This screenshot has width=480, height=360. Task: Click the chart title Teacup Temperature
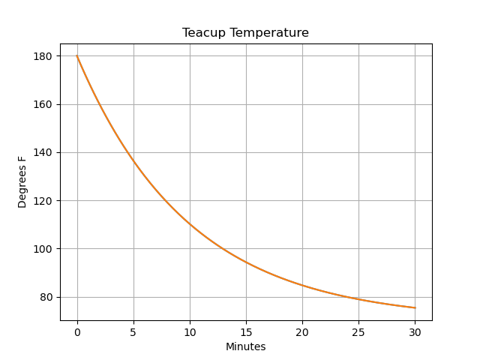tap(245, 33)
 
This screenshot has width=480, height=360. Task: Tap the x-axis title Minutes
tap(245, 346)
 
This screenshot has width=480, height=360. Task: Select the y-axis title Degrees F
tap(22, 181)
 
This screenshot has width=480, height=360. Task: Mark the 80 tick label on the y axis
tap(46, 297)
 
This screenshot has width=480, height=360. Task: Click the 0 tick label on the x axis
tap(77, 331)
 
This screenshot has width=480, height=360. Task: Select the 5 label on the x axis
tap(133, 331)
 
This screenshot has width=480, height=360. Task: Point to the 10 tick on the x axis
tap(190, 331)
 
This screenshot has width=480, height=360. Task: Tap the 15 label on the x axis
tap(246, 331)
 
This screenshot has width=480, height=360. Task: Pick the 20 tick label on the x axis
tap(302, 331)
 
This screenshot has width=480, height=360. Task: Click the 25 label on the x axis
tap(358, 331)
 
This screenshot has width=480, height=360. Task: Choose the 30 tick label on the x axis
tap(415, 331)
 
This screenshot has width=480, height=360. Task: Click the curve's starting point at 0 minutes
tap(77, 56)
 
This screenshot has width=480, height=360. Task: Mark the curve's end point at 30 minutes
tap(415, 307)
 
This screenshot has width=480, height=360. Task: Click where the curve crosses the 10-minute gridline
tap(190, 224)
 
